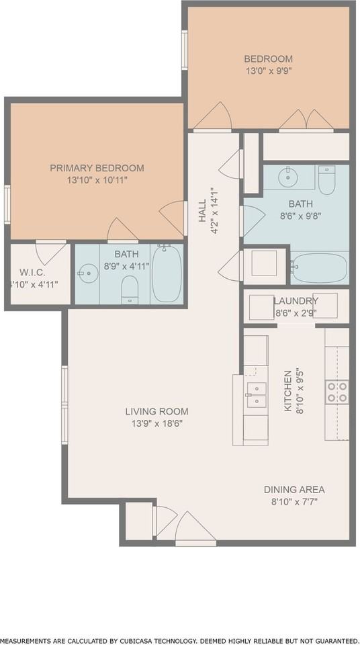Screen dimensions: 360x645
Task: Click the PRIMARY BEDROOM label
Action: (97, 168)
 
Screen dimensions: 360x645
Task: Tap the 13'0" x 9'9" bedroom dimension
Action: (268, 71)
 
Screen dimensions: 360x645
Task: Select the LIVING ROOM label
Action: (156, 411)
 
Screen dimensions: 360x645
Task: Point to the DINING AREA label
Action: (294, 490)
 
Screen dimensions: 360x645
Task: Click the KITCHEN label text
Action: (288, 391)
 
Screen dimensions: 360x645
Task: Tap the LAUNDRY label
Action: (296, 301)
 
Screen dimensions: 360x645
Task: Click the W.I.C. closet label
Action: (32, 272)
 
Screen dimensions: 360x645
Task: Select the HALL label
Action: (202, 210)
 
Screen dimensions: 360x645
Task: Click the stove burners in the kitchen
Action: (337, 392)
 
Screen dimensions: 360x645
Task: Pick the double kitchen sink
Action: (257, 394)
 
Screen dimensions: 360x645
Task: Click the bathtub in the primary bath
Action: (167, 273)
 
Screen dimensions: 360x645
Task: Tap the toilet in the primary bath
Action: (130, 290)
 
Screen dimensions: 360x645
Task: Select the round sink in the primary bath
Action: (88, 273)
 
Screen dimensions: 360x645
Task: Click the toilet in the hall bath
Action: (326, 180)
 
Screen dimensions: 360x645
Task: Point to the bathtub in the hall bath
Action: (319, 268)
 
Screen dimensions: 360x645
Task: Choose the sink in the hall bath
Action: (288, 177)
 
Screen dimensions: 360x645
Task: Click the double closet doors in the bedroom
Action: (306, 120)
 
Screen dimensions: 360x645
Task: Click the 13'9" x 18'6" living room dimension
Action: (156, 423)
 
